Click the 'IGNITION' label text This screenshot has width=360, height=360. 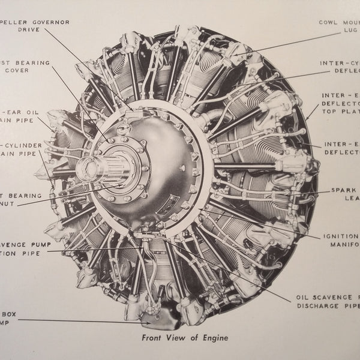[341, 237]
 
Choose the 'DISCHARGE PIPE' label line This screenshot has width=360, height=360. [327, 305]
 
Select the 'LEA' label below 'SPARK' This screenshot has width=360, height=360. [350, 199]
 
